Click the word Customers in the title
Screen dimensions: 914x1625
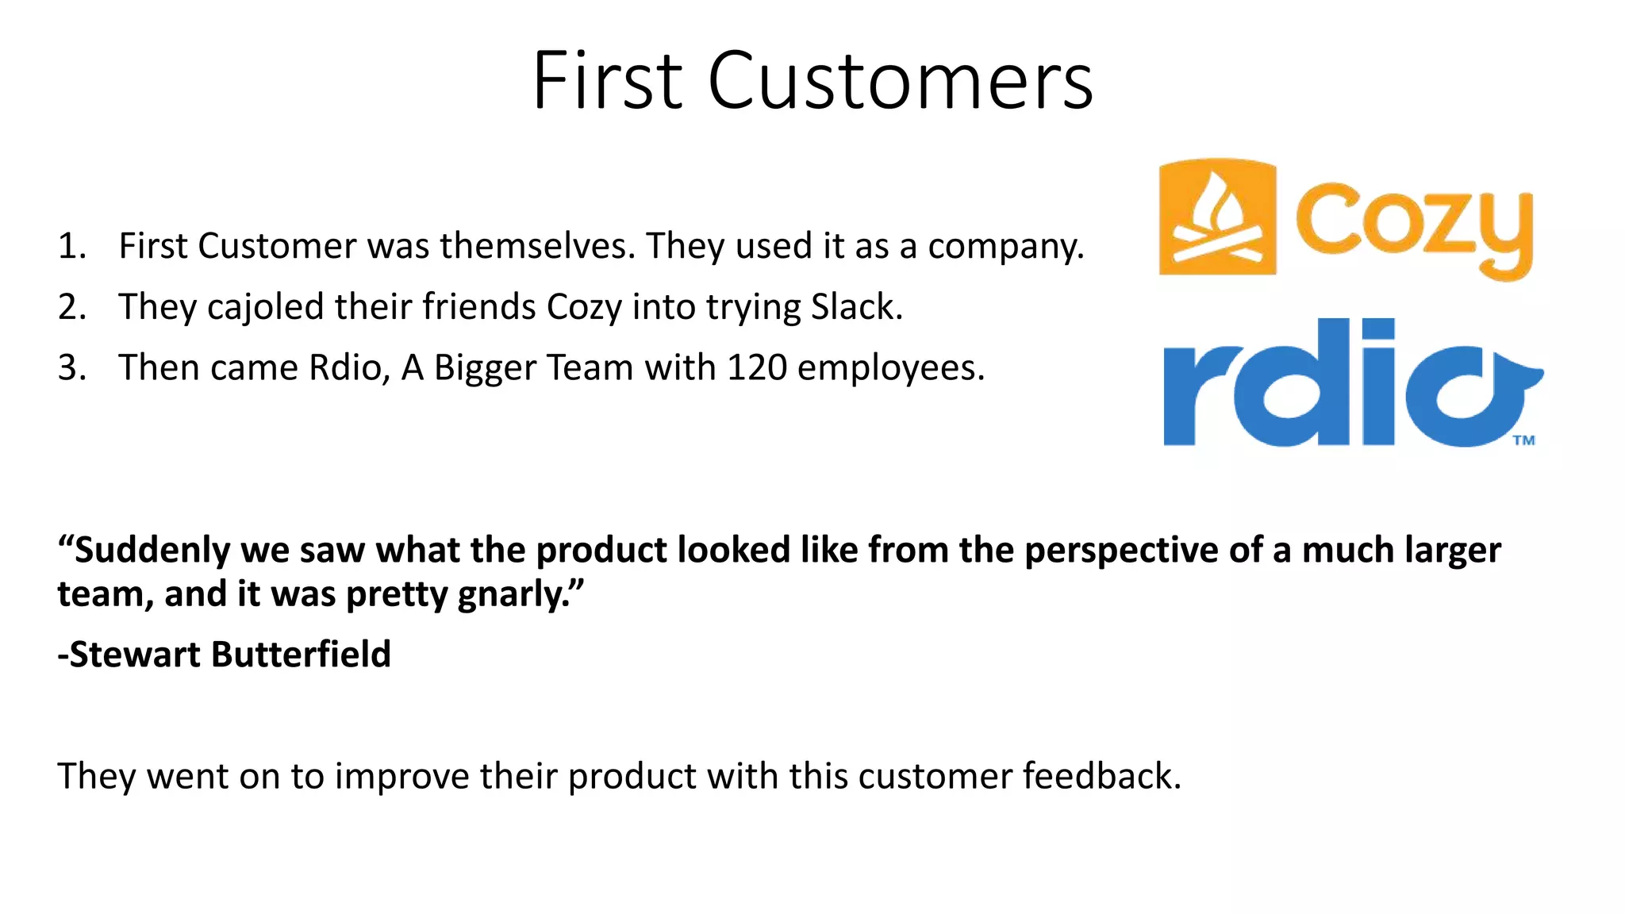point(900,81)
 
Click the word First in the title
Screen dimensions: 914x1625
point(607,81)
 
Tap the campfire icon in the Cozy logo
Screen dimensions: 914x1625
point(1217,217)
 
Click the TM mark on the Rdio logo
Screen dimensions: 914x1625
point(1523,440)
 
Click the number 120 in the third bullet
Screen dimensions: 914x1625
point(757,368)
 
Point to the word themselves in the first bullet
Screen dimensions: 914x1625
point(538,246)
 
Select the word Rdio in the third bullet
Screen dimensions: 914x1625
point(349,368)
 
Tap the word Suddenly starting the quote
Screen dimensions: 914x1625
point(151,551)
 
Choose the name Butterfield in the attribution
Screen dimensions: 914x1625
point(301,655)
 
